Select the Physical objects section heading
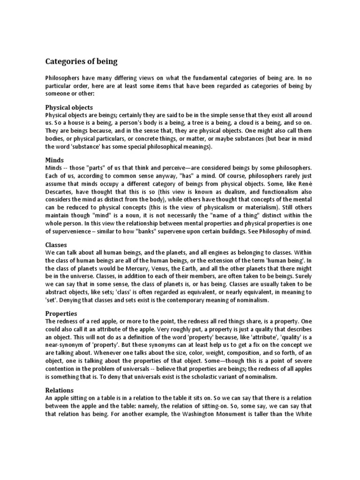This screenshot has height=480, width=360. click(69, 107)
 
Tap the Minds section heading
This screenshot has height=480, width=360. click(54, 160)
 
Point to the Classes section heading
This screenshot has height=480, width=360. click(56, 245)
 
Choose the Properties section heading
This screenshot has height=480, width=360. click(61, 313)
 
